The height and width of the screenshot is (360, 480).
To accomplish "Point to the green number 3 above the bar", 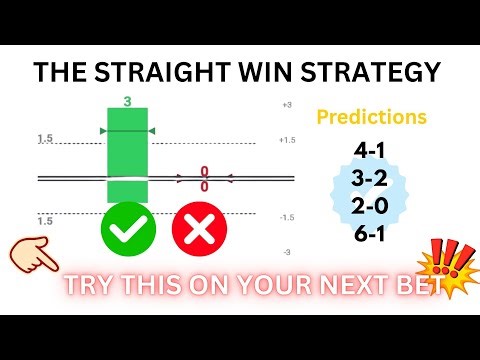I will pos(127,101).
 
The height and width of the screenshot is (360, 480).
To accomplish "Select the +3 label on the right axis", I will pos(286,105).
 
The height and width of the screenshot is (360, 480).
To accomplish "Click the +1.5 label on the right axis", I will pos(288,141).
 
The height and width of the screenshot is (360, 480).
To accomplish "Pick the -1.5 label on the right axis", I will pos(288,217).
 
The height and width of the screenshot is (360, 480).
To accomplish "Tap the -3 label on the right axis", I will pos(286,253).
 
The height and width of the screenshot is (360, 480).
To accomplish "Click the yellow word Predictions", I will pos(371,117).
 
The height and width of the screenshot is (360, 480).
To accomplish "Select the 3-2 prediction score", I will pos(373,179).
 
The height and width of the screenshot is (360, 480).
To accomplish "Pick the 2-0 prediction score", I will pos(373,206).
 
